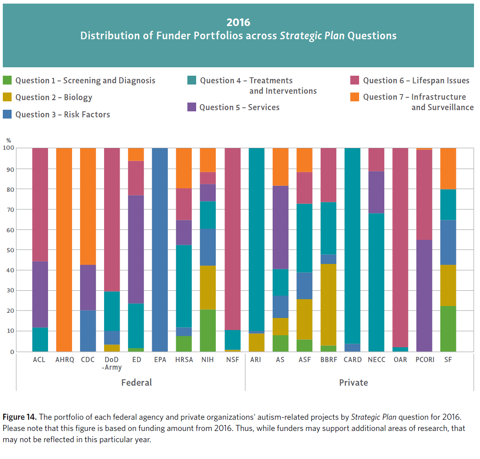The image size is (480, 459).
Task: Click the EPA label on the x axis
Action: [160, 360]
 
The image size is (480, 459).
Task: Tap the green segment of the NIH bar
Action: [208, 330]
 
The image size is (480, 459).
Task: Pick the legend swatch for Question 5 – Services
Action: [192, 107]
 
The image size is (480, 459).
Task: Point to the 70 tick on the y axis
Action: [10, 209]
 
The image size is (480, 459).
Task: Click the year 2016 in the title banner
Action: [238, 22]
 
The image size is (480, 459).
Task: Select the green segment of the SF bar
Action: [448, 328]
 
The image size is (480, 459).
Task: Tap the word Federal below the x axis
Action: [137, 382]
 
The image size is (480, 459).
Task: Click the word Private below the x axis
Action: [353, 382]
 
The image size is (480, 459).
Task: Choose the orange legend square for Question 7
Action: [355, 97]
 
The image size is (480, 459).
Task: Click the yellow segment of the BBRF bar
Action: [329, 304]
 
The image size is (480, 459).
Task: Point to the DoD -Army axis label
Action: [112, 363]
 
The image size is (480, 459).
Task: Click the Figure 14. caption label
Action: [20, 417]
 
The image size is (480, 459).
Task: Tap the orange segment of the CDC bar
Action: [88, 206]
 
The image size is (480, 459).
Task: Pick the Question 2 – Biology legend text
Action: [54, 97]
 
